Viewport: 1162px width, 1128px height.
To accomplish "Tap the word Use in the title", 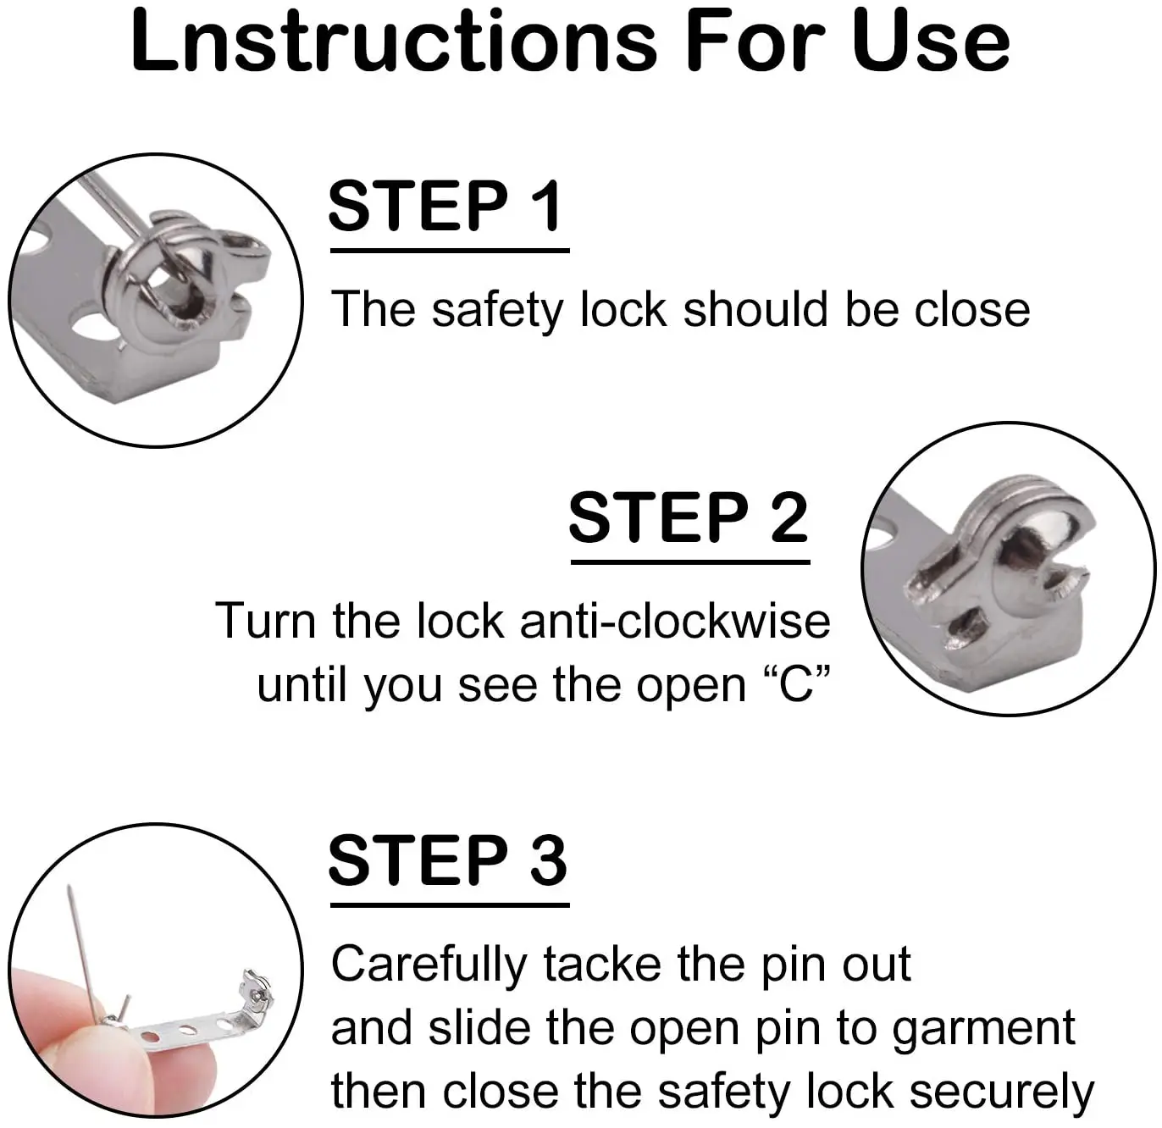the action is [x=930, y=41].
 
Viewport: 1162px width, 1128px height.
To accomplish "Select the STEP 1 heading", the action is [x=445, y=206].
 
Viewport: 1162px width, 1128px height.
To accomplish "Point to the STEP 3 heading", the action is [x=447, y=860].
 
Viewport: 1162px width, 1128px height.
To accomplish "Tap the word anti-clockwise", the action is [x=675, y=621].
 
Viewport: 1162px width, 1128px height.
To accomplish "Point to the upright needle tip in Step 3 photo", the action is [x=69, y=887].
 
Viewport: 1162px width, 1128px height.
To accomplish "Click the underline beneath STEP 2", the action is [x=690, y=562].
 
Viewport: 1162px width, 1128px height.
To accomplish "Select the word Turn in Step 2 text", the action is [x=265, y=621].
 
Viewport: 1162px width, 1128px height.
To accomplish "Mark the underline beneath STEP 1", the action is [x=450, y=251].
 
